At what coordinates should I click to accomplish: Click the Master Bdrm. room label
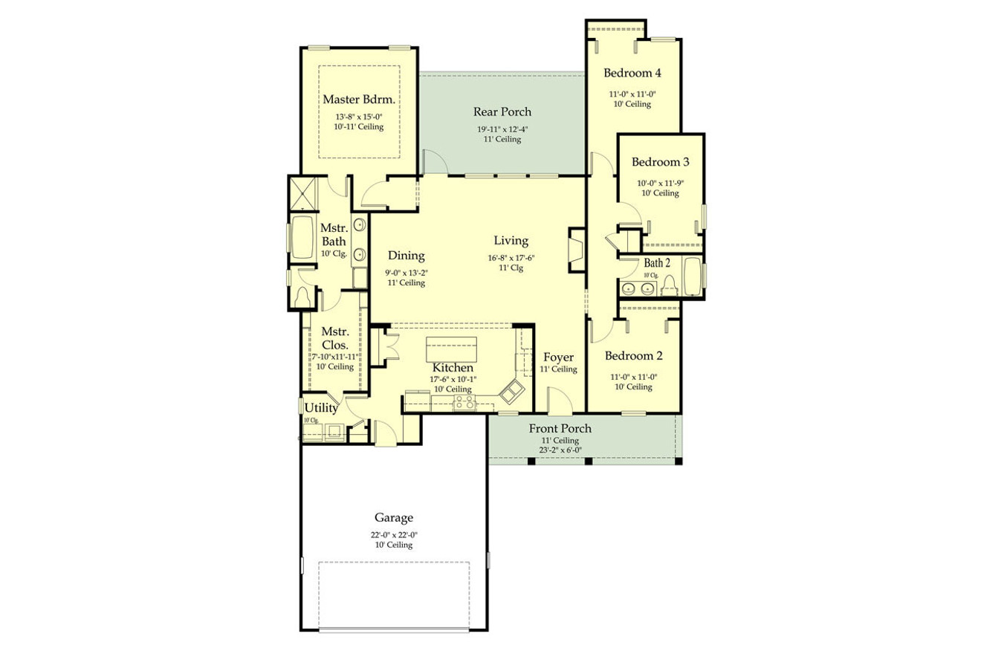pos(358,99)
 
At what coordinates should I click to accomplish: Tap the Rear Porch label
pos(502,112)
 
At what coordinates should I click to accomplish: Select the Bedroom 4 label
pos(632,73)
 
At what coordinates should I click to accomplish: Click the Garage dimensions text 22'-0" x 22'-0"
pos(393,534)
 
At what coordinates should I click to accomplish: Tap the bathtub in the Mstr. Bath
pos(302,238)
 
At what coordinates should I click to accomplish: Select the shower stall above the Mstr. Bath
pos(304,194)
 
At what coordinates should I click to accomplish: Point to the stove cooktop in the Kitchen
pos(464,403)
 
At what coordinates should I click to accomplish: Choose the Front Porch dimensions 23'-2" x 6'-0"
pos(560,450)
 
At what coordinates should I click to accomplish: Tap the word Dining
pos(406,256)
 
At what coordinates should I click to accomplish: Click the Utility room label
pos(321,408)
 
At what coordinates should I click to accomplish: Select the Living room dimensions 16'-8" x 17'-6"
pos(511,258)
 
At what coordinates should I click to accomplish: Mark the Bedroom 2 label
pos(632,355)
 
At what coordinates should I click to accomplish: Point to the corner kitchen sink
pos(512,391)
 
